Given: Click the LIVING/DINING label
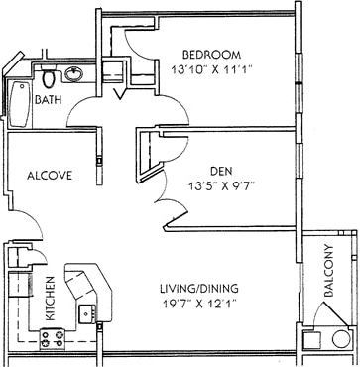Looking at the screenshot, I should pyautogui.click(x=199, y=289).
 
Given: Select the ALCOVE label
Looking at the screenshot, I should pyautogui.click(x=50, y=176).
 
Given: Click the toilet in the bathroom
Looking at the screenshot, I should pyautogui.click(x=48, y=77).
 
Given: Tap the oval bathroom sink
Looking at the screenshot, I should pyautogui.click(x=74, y=74).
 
